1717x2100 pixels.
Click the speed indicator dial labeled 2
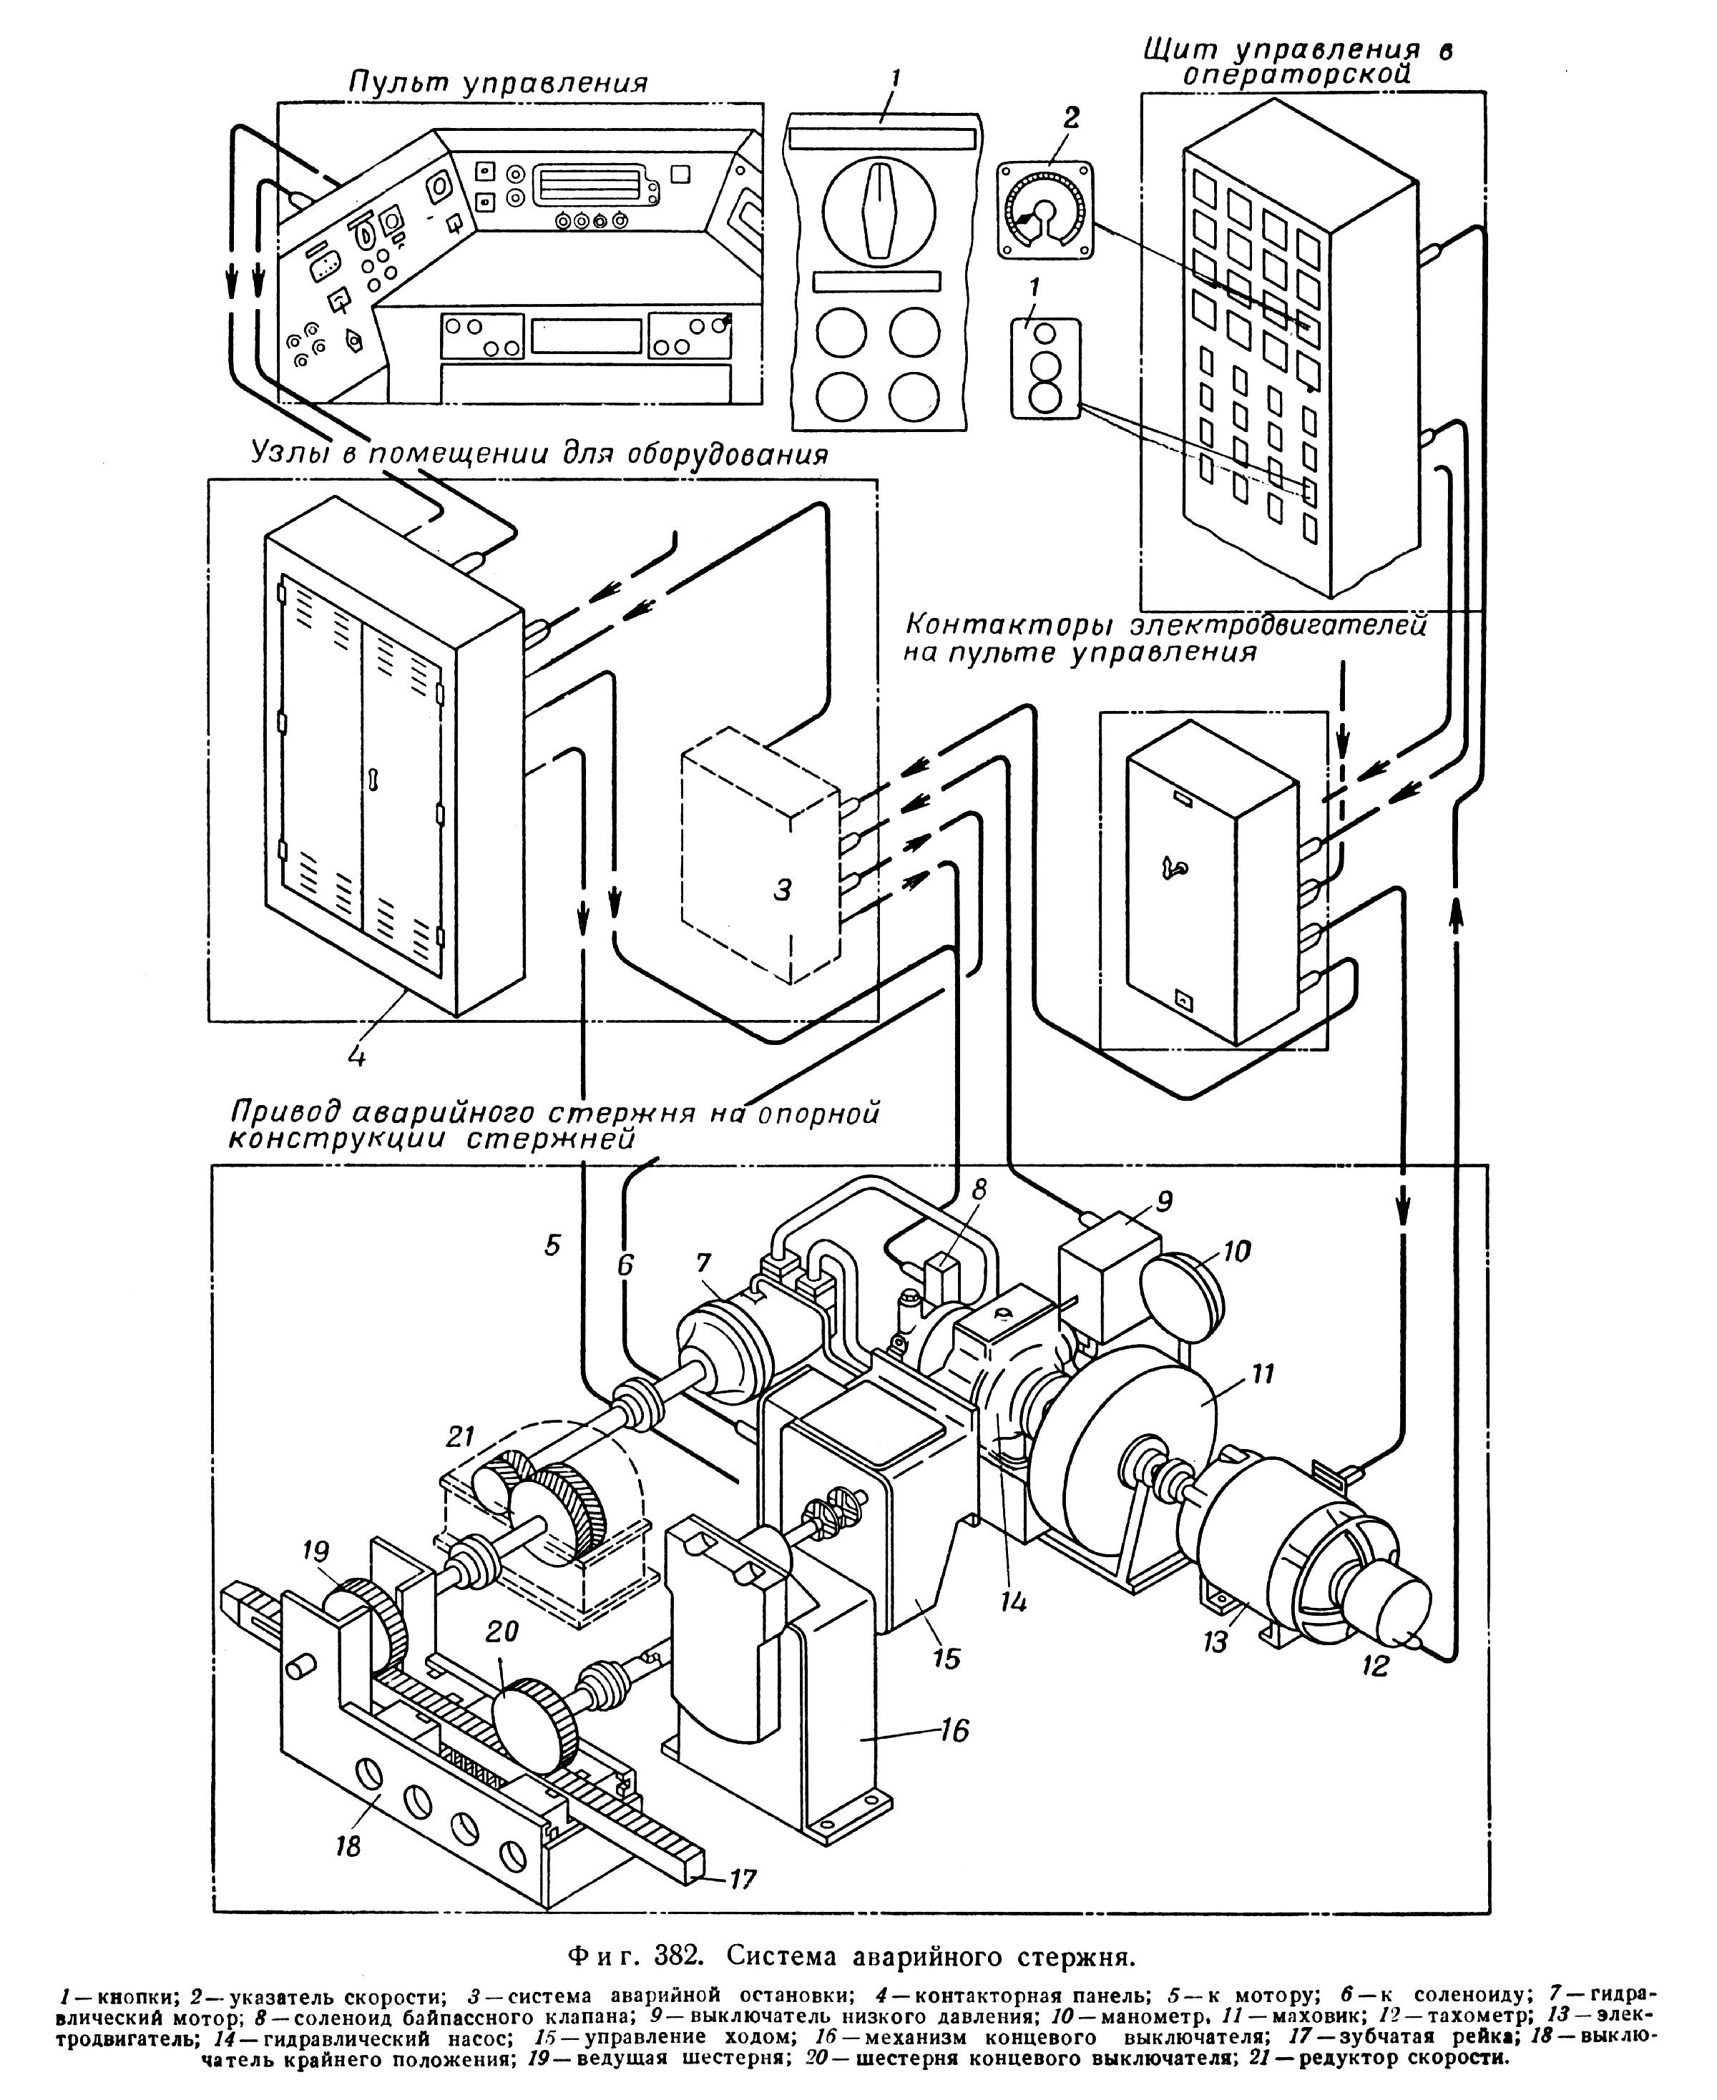point(1045,210)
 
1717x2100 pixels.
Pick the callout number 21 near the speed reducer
point(460,1436)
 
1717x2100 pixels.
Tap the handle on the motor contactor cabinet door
point(1175,869)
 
